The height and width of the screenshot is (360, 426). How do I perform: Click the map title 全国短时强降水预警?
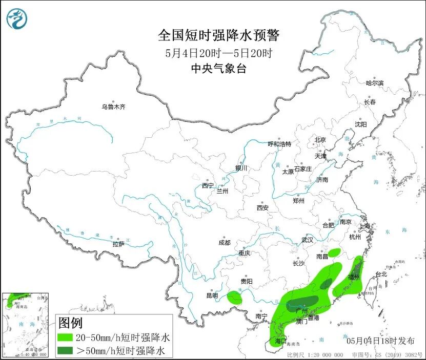(x=218, y=35)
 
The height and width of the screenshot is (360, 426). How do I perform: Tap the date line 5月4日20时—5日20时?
(x=218, y=53)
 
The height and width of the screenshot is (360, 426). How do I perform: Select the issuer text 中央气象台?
(x=218, y=69)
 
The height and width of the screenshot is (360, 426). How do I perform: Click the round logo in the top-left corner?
(x=17, y=19)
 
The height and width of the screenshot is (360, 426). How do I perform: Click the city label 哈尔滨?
(x=374, y=83)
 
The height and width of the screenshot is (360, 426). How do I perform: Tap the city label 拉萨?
(x=118, y=244)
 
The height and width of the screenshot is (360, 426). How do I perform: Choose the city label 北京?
(x=320, y=140)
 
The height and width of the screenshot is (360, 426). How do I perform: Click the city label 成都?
(x=224, y=243)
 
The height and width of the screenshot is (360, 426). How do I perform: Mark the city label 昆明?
(x=212, y=295)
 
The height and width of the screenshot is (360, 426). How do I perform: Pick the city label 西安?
(x=262, y=208)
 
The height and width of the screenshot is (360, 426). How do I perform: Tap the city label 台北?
(x=381, y=274)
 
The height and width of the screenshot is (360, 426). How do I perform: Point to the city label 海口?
(x=280, y=341)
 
